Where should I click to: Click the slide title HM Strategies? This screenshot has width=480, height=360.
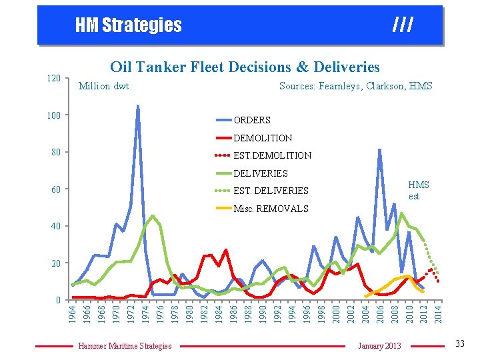pos(128,25)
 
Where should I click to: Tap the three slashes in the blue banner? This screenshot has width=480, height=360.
pos(403,25)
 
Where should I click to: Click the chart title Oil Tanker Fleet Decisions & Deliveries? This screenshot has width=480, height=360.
pos(245,67)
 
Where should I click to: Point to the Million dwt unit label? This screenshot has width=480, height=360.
pos(103,86)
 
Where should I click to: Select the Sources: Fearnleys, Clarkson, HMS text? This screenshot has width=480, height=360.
pos(355,86)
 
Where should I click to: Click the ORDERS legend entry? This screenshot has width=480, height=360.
pos(251,120)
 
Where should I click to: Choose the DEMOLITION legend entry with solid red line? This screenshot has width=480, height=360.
pos(262,138)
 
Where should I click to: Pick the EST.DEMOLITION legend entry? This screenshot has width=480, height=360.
pos(272,155)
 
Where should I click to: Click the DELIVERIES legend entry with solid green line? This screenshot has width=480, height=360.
pos(261,173)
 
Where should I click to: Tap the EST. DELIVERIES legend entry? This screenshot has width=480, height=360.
pos(271,191)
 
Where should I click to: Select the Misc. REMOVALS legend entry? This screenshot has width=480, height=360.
pos(271,209)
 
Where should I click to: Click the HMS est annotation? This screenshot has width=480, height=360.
pos(418,190)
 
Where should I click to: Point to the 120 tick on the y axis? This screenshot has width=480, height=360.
pos(53,79)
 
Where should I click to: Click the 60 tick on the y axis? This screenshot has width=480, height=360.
pos(56,189)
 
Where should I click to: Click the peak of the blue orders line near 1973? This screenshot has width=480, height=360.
pos(138,106)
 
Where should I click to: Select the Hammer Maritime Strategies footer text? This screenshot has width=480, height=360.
pos(125,345)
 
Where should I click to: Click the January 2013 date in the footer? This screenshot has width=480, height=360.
pos(379,345)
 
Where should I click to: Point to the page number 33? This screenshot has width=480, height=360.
pos(459,343)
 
